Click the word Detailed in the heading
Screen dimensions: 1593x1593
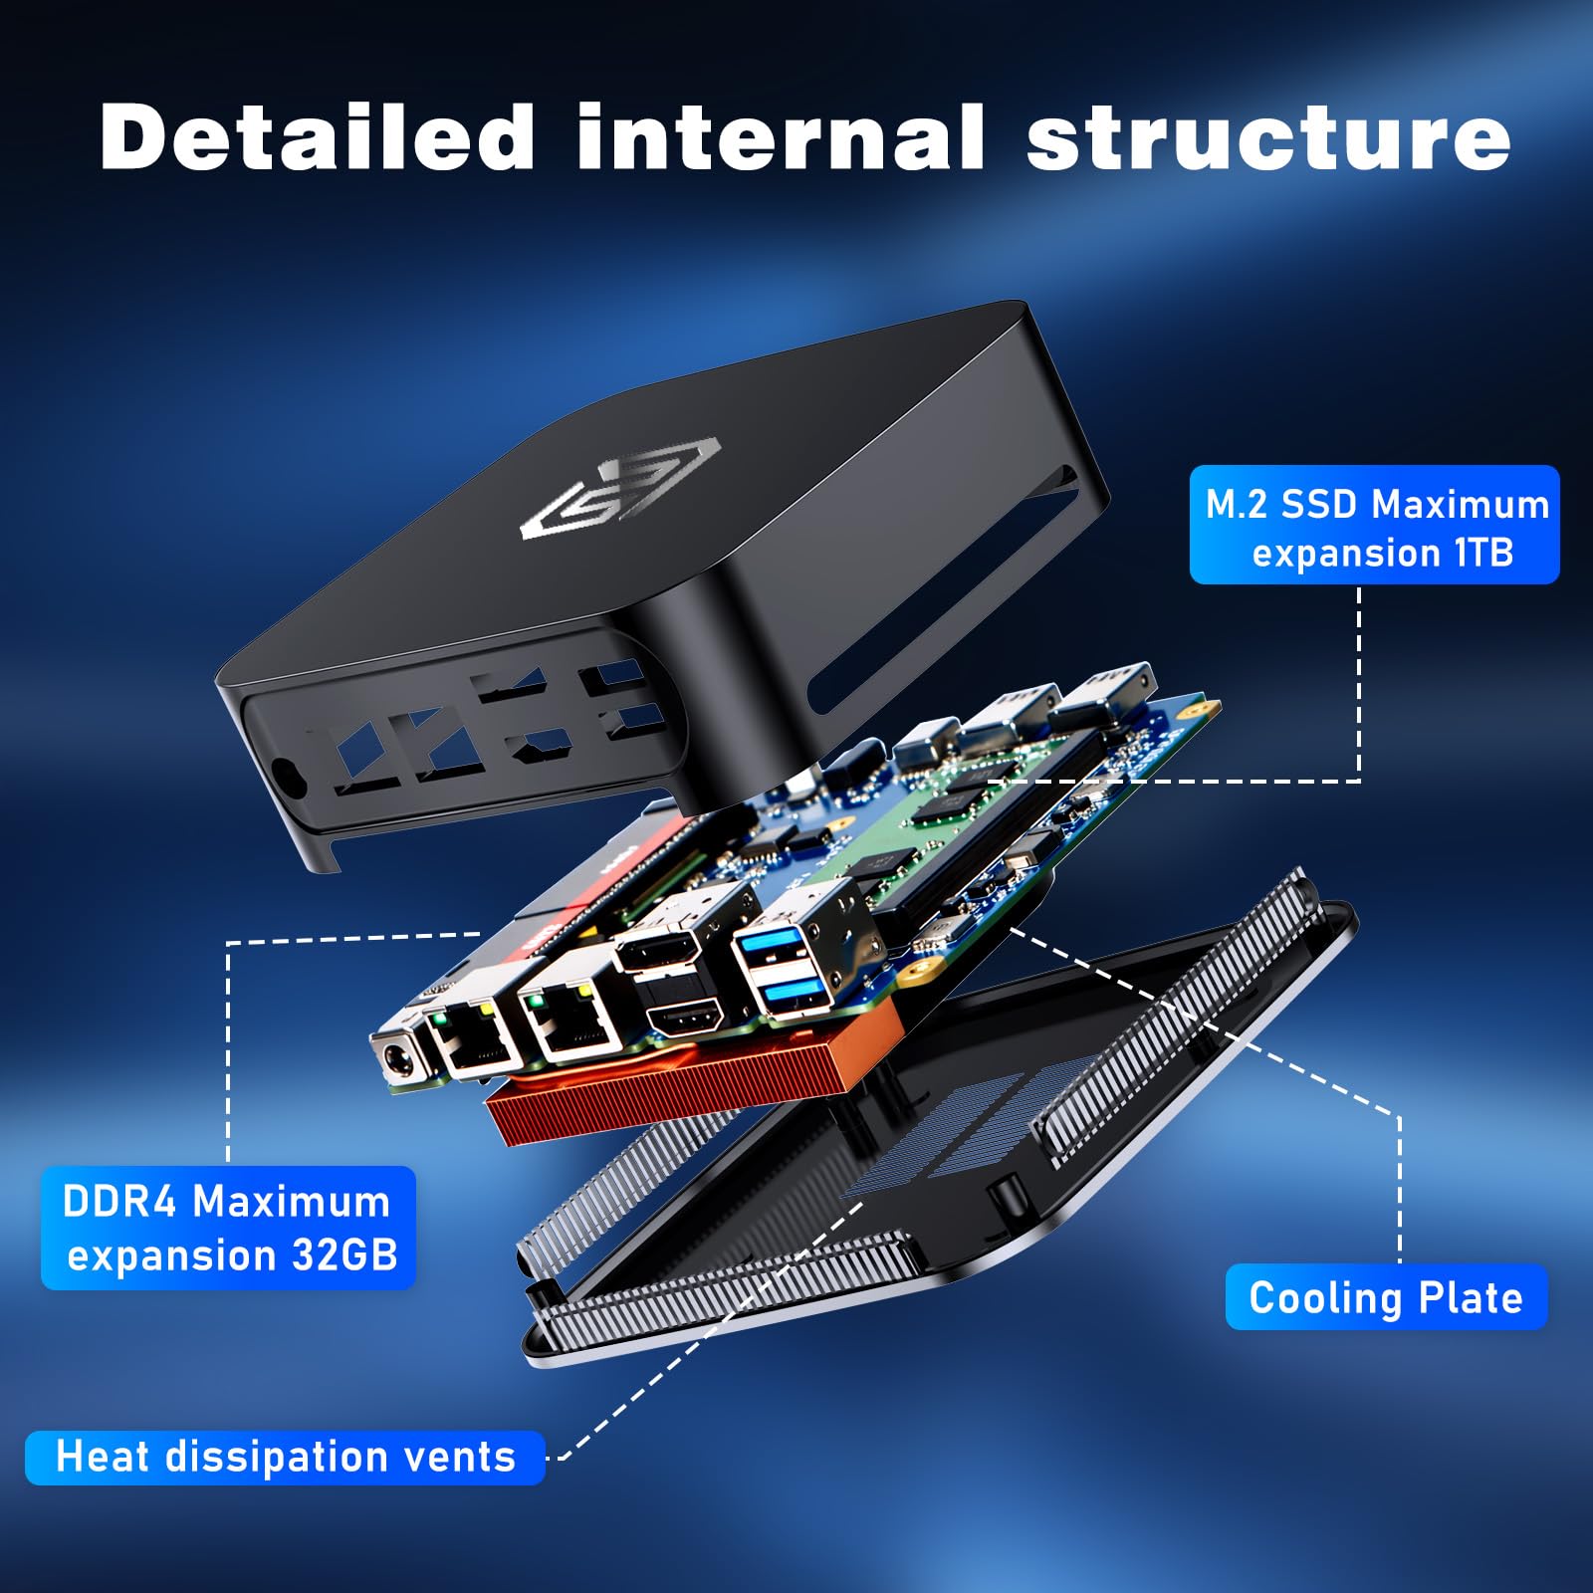click(x=318, y=137)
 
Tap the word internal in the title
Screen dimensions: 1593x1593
click(x=781, y=137)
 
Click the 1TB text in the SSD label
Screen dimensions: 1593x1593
click(x=1483, y=553)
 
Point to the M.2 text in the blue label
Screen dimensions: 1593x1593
click(x=1237, y=505)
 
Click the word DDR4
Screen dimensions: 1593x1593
click(x=119, y=1202)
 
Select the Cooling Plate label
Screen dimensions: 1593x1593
click(x=1386, y=1297)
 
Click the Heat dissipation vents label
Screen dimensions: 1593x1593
click(x=286, y=1458)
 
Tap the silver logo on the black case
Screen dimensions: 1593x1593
click(x=619, y=488)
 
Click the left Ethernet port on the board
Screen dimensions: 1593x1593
click(x=475, y=1038)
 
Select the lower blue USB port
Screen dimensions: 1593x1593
click(x=793, y=992)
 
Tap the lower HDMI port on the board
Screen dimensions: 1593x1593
click(x=683, y=1020)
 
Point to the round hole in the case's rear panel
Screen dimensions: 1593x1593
click(x=284, y=773)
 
